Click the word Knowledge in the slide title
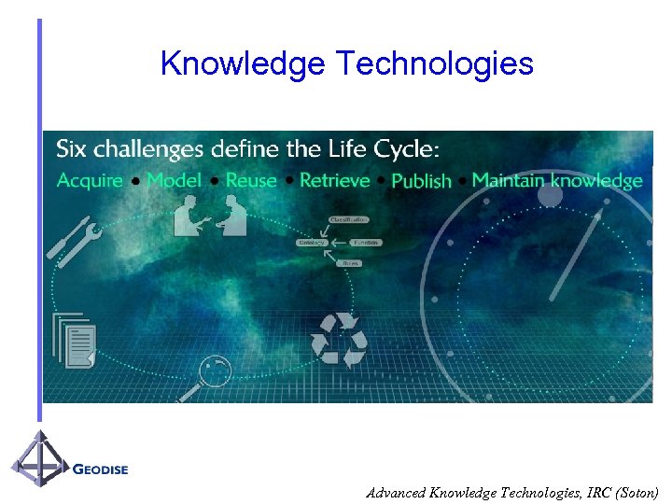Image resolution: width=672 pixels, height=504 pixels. (243, 63)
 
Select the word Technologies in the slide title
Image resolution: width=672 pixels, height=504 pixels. (434, 63)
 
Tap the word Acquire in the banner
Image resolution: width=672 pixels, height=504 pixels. (90, 180)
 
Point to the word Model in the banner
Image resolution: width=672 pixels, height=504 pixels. (174, 180)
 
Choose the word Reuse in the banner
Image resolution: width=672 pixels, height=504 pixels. (251, 180)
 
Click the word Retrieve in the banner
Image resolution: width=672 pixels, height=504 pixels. (335, 180)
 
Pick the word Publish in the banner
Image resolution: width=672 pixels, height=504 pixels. (421, 181)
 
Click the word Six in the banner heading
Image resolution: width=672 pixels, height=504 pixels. (72, 149)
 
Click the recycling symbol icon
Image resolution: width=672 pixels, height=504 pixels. (339, 341)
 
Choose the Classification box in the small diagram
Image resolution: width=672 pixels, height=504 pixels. (348, 219)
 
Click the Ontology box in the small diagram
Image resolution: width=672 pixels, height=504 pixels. (312, 242)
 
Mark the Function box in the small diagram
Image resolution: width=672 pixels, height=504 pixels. (367, 242)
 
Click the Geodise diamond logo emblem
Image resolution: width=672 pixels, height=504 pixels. (39, 460)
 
